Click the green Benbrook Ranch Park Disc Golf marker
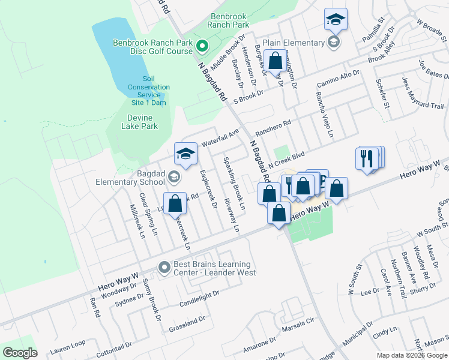pyautogui.click(x=203, y=45)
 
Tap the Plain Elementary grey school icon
pyautogui.click(x=334, y=43)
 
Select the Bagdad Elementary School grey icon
pyautogui.click(x=173, y=176)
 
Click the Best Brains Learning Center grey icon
pyautogui.click(x=164, y=268)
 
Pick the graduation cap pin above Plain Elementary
pyautogui.click(x=336, y=19)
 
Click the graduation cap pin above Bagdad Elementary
pyautogui.click(x=186, y=154)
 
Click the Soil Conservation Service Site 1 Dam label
pyautogui.click(x=149, y=91)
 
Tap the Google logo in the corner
pyautogui.click(x=20, y=353)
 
